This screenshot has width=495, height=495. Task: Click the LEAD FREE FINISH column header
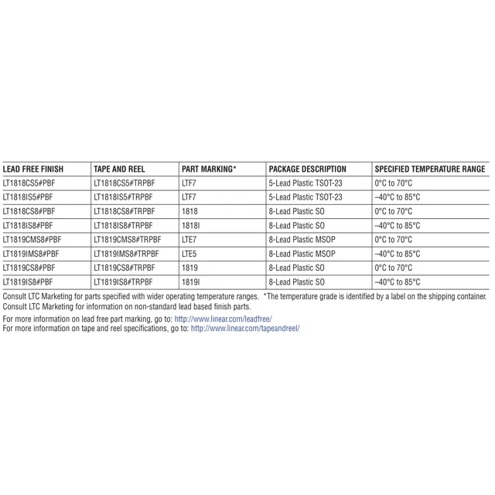click(33, 169)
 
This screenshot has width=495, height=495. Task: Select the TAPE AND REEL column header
click(118, 169)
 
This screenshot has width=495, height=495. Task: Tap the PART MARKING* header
click(209, 169)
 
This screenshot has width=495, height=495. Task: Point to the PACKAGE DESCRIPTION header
click(307, 169)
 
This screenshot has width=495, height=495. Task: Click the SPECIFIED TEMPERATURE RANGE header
click(429, 169)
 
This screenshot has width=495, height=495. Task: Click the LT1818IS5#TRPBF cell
click(122, 197)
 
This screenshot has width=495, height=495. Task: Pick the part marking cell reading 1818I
click(190, 225)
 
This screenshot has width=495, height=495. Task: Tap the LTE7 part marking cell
click(189, 239)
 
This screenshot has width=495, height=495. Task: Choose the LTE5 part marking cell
click(189, 253)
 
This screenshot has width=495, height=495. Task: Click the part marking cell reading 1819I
click(190, 282)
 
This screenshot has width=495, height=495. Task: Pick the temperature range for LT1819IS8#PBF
click(397, 282)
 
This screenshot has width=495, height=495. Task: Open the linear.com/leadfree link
click(223, 319)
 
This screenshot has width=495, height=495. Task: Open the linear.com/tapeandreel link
click(244, 328)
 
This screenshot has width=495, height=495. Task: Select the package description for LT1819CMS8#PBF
click(302, 239)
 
